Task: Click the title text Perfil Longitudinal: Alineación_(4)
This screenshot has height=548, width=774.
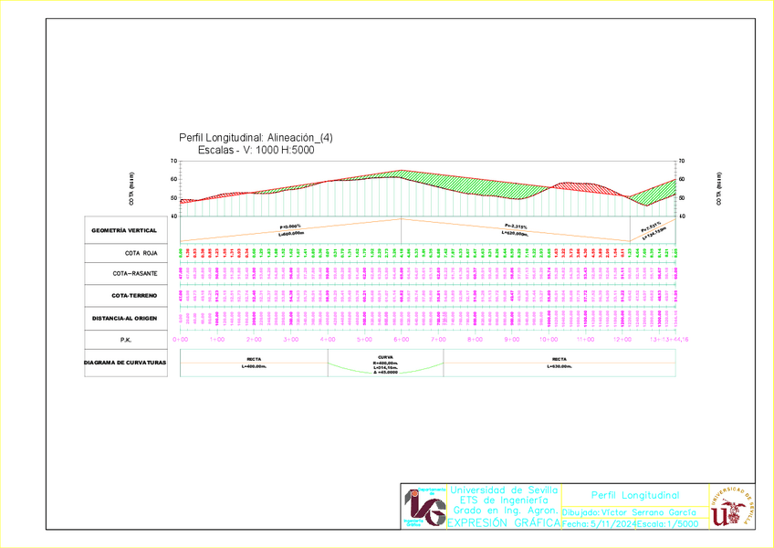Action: [x=256, y=137]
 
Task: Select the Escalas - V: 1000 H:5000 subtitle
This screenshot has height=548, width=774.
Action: [x=256, y=150]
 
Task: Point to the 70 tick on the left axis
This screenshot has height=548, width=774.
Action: [x=174, y=162]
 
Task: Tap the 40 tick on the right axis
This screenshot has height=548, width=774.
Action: [x=681, y=216]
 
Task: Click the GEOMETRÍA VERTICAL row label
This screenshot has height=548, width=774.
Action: [x=124, y=230]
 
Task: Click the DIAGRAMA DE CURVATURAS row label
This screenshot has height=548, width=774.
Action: [x=124, y=362]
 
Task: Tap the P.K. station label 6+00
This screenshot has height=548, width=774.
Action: [x=400, y=340]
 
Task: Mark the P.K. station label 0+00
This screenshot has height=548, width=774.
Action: [x=181, y=340]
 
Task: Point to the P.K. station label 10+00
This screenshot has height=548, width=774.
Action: [x=548, y=340]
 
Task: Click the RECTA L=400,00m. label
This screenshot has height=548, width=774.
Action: [x=254, y=363]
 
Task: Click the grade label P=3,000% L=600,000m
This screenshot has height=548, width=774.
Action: [x=290, y=229]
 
